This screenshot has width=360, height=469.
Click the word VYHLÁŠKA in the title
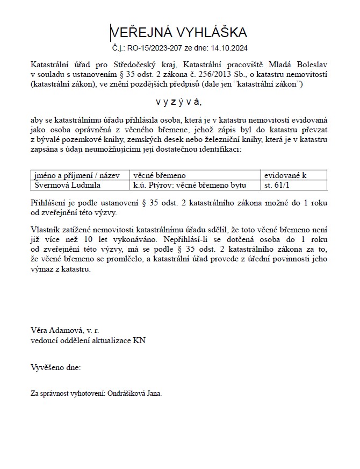(212, 32)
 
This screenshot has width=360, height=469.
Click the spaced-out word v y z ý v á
(179, 102)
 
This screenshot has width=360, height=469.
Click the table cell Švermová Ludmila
(67, 186)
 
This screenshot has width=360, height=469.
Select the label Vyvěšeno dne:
(56, 367)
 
